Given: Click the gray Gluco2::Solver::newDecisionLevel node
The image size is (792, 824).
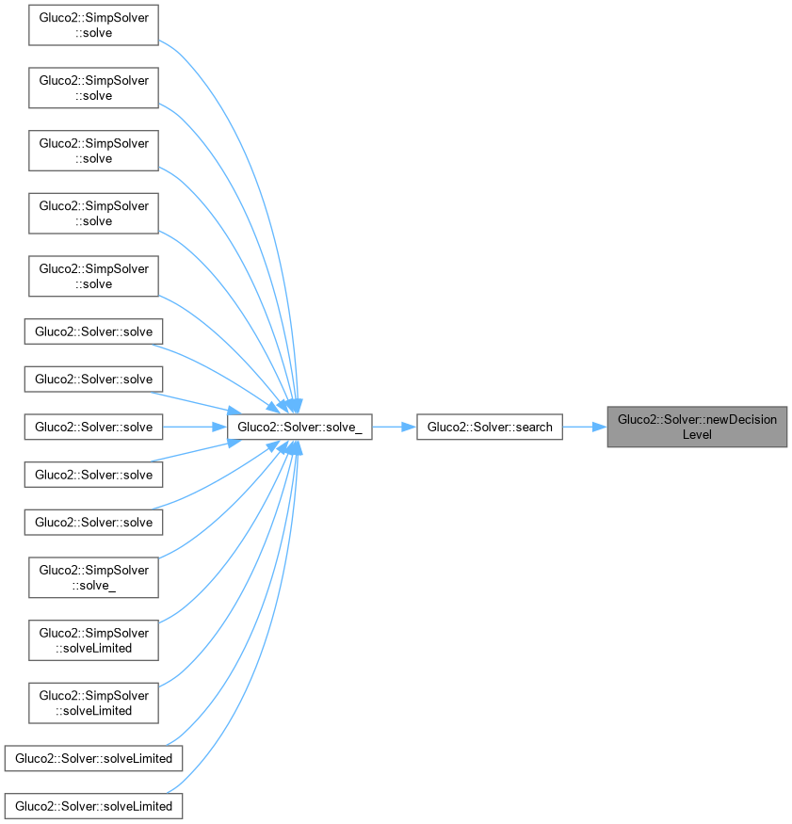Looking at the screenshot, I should (x=696, y=427).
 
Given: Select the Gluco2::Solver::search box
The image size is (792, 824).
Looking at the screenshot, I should (x=490, y=427).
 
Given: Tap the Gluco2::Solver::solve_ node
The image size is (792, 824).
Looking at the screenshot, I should (x=299, y=427).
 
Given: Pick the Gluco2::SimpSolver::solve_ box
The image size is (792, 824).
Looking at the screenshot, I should (x=93, y=577).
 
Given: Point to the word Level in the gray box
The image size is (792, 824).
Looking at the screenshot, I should (x=697, y=434).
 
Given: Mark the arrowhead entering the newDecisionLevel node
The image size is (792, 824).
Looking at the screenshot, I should (x=600, y=427).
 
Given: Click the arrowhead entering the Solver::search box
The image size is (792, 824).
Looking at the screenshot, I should (x=410, y=427).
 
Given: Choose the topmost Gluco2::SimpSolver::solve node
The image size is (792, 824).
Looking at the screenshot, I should (x=93, y=25).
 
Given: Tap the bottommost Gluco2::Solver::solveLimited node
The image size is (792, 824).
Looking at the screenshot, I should (x=93, y=806).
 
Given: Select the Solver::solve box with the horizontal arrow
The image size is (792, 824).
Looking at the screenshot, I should (x=93, y=427).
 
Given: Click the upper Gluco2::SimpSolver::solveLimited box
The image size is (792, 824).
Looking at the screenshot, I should (x=93, y=640).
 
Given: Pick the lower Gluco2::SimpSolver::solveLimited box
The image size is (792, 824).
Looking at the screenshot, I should (x=93, y=703).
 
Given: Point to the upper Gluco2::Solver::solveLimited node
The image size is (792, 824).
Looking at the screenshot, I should (x=93, y=758).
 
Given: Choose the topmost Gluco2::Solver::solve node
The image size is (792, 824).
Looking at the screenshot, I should (x=93, y=331).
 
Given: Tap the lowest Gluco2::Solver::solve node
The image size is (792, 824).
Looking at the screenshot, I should (x=93, y=522).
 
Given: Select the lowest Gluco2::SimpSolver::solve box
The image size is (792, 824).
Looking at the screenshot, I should (x=93, y=276).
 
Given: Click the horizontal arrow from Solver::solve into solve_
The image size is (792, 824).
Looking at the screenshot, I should (x=193, y=427).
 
